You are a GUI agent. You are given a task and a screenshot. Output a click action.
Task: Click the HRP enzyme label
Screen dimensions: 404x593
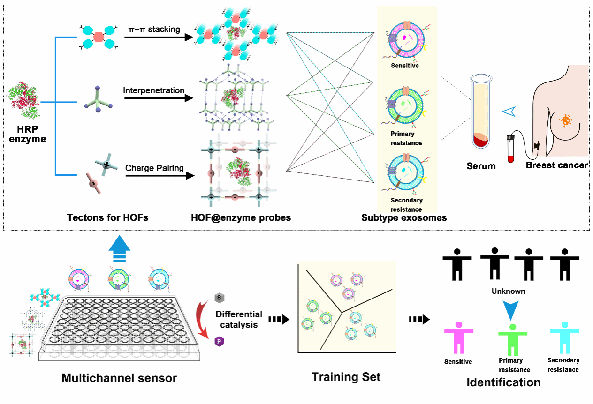coord(28,134)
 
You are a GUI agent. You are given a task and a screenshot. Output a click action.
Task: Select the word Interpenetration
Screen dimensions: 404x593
coord(154,90)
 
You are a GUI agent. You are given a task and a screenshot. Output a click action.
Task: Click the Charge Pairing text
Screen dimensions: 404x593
coord(154,168)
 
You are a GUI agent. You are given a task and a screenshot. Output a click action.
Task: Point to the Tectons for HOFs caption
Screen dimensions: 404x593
coord(107,217)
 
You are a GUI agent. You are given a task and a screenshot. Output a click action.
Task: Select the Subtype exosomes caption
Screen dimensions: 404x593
coord(404,217)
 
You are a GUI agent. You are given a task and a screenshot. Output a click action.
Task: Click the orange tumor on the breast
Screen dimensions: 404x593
coord(566,120)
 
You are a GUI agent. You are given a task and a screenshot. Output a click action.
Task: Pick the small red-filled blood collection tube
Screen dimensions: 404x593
coord(511,149)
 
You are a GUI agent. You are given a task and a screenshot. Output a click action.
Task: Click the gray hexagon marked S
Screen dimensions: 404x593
coord(219,298)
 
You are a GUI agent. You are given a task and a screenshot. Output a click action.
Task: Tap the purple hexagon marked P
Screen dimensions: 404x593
coord(219,342)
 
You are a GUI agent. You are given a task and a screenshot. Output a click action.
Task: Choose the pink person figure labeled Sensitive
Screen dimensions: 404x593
coord(458,337)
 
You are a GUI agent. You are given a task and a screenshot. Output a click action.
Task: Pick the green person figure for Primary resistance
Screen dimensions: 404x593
coord(512,340)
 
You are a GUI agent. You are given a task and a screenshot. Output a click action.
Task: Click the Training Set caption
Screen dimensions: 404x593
coord(346,377)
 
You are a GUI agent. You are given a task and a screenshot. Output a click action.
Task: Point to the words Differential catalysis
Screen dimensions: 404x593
coord(239,319)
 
